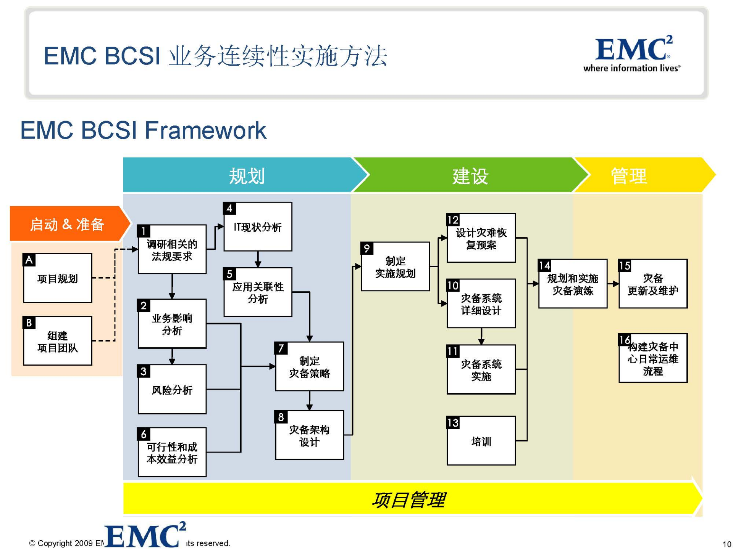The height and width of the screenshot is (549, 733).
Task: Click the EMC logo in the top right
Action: [632, 53]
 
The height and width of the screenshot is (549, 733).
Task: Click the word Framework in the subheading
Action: [205, 130]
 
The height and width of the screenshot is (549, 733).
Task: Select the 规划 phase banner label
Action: [247, 176]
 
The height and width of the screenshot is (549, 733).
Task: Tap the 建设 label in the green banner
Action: [470, 176]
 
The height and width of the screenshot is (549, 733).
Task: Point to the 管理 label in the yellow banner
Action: [628, 176]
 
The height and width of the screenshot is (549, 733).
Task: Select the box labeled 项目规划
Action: [58, 278]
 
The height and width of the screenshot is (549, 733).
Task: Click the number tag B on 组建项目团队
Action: [29, 323]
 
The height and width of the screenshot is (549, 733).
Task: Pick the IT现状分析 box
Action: [258, 227]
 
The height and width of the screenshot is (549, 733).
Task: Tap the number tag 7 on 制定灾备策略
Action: [281, 348]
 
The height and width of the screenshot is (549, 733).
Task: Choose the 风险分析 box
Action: [172, 390]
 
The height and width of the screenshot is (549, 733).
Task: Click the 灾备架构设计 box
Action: [309, 435]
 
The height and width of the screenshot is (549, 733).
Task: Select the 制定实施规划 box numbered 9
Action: [395, 267]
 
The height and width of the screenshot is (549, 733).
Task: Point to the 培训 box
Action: [481, 441]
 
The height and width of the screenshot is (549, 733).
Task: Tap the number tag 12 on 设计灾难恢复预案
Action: [453, 220]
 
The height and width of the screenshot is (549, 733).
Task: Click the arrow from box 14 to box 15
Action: [613, 284]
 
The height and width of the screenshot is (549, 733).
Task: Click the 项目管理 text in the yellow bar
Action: [408, 500]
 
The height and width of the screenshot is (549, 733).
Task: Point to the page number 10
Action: [727, 544]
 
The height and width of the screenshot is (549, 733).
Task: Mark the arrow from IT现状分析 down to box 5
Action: [258, 259]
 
